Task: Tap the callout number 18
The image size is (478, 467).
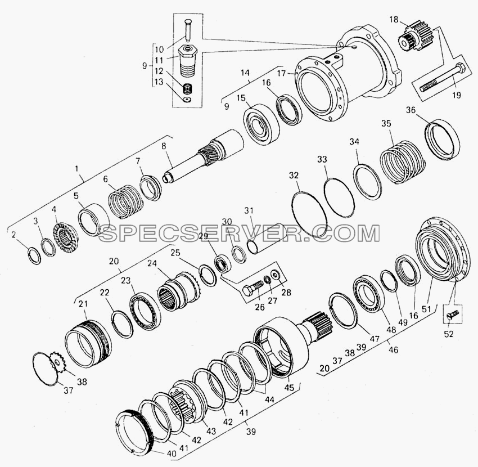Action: [x=394, y=20]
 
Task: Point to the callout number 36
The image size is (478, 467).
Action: [x=411, y=110]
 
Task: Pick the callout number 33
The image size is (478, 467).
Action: [x=322, y=160]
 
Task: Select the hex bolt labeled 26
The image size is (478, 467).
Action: [x=252, y=288]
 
